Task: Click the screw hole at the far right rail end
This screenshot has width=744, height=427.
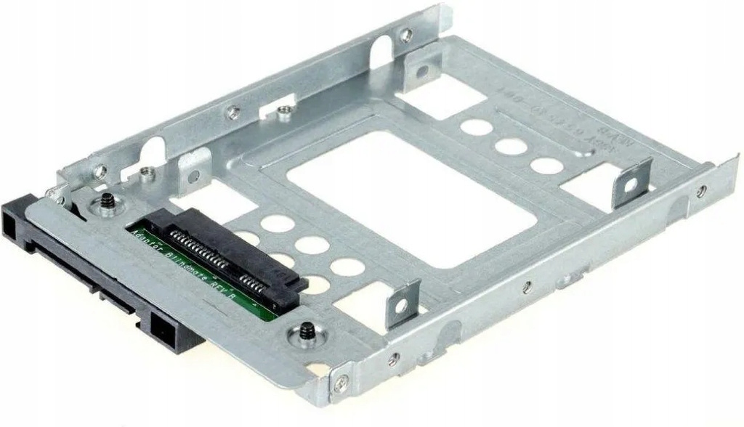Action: pyautogui.click(x=701, y=191)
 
